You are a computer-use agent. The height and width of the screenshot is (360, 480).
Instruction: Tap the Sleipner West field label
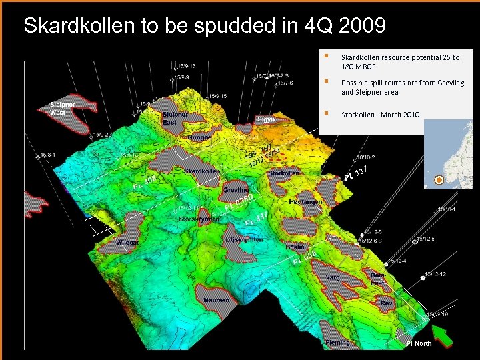(x=62, y=108)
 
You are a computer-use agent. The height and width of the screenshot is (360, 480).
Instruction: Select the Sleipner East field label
(x=175, y=119)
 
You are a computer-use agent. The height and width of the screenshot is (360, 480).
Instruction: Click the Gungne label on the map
(x=199, y=137)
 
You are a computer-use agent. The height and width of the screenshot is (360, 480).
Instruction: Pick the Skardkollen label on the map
(x=202, y=171)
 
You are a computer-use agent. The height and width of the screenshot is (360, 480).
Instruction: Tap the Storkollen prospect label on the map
(x=283, y=173)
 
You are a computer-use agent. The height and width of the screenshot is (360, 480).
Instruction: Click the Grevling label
(x=236, y=190)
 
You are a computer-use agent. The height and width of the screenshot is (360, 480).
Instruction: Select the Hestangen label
(x=307, y=201)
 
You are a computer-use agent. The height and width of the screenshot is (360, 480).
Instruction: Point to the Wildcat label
(x=127, y=242)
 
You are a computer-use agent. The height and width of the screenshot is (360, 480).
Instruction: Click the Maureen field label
(x=216, y=301)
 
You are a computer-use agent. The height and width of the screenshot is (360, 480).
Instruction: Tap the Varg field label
(x=332, y=277)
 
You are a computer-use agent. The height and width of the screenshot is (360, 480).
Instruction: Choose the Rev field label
(x=385, y=303)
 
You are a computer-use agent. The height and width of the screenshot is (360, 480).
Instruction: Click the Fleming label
(x=337, y=343)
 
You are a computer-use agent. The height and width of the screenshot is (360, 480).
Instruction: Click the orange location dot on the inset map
(x=439, y=180)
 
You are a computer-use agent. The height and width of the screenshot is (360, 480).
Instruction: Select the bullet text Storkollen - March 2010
(x=380, y=115)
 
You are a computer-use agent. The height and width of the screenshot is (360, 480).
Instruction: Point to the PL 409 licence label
(x=144, y=181)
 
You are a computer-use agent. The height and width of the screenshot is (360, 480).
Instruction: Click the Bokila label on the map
(x=295, y=247)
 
